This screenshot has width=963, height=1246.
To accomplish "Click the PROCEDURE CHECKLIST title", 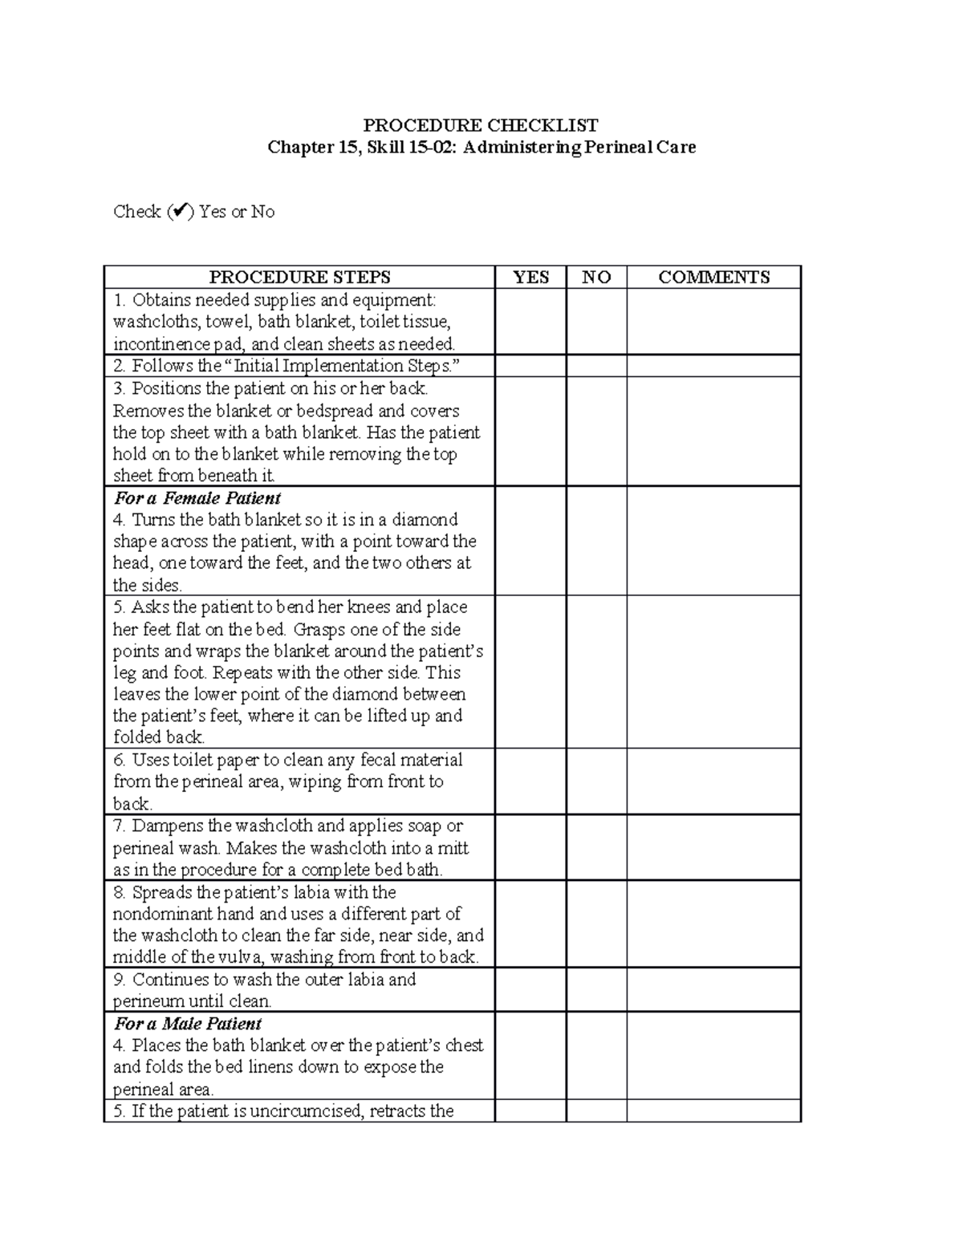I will point(481,125).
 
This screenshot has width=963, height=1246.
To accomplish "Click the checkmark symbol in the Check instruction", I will point(181,212).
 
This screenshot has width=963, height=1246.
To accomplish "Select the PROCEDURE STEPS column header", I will point(299,278).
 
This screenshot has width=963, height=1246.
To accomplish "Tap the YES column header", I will point(530,278).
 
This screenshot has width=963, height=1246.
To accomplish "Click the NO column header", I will point(596,278).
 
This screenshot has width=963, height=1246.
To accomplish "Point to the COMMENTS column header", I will point(713,278).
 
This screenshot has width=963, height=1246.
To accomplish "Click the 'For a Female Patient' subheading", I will point(197,498).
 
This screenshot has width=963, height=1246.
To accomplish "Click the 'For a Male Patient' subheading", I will point(188,1024).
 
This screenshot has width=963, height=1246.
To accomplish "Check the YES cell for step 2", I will point(530,367).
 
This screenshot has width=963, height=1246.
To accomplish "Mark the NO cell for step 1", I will point(596,322).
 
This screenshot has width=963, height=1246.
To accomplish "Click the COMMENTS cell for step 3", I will point(713,432).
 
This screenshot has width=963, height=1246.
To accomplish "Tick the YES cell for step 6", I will point(530,781).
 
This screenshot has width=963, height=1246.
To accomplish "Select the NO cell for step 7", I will point(596,848).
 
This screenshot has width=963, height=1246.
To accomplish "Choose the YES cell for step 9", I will point(530,990).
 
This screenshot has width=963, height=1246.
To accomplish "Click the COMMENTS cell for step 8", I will point(713,924).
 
